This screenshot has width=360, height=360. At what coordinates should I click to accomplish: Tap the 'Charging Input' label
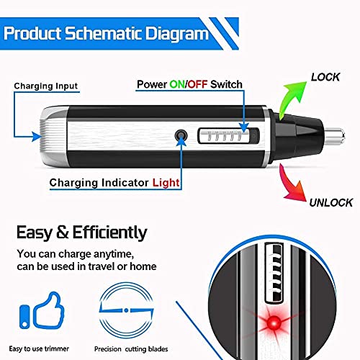pos(45,86)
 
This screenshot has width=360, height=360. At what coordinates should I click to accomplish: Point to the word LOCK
pos(325,76)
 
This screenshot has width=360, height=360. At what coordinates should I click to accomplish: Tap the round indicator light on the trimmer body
pos(179,135)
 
